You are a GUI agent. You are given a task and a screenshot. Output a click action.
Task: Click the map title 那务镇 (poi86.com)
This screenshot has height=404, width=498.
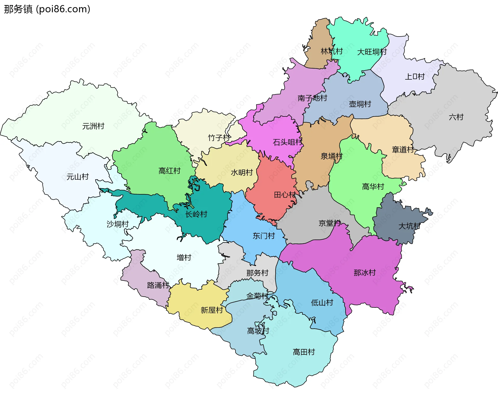(47, 9)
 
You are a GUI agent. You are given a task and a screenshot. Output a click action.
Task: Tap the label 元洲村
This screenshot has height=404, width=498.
(93, 126)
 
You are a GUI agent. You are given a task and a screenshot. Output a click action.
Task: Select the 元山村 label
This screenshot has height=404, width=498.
(78, 177)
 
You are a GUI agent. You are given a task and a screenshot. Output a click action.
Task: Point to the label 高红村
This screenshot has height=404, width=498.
(169, 171)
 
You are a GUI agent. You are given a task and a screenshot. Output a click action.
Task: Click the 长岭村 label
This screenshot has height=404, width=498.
(196, 214)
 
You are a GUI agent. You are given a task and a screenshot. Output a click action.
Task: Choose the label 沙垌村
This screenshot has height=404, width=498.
(117, 224)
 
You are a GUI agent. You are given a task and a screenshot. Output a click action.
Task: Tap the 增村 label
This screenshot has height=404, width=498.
(184, 257)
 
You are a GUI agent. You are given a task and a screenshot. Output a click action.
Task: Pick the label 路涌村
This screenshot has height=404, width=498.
(158, 285)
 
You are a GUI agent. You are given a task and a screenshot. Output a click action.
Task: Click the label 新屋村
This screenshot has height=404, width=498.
(212, 310)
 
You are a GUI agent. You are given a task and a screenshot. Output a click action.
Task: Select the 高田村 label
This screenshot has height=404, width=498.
(304, 352)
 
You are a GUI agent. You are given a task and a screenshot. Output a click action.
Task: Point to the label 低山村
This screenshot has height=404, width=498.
(322, 303)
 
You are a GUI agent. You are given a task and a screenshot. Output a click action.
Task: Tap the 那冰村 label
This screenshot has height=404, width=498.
(365, 273)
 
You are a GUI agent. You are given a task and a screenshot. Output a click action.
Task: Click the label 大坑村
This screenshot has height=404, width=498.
(409, 226)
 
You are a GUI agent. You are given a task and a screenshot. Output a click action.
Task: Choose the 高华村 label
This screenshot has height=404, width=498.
(373, 186)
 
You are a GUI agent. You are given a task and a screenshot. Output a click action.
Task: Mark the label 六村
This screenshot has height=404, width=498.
(456, 117)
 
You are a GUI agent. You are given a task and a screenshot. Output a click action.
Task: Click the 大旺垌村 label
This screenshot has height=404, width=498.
(372, 52)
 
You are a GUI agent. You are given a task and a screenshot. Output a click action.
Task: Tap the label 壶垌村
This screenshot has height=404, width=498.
(360, 104)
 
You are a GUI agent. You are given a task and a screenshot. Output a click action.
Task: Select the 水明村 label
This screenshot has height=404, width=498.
(242, 172)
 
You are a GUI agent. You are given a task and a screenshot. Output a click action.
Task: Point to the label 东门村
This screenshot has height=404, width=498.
(264, 236)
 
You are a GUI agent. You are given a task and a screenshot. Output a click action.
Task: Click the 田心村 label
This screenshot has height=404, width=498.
(285, 195)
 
